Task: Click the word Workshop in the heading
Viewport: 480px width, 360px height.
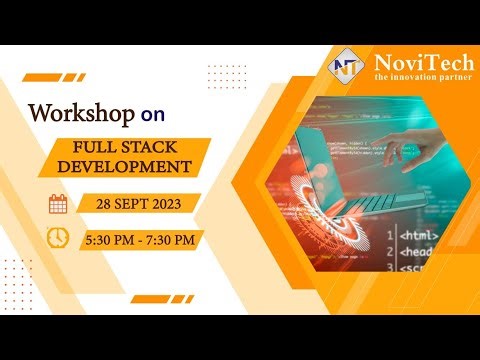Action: (x=80, y=112)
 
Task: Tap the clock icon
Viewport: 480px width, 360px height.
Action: (x=59, y=239)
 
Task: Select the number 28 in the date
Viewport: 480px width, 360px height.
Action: (x=104, y=204)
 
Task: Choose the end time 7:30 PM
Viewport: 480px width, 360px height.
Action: (x=175, y=240)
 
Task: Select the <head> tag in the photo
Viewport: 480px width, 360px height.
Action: (x=419, y=253)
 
